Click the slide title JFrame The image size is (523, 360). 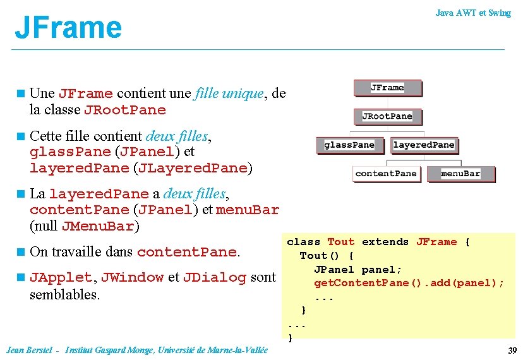pos(68,27)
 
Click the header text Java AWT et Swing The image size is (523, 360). pos(473,13)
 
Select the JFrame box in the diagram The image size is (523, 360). pos(387,88)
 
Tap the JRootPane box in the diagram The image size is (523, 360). pos(387,116)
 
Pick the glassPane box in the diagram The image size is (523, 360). pos(349,145)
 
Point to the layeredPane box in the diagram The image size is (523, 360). pos(423,145)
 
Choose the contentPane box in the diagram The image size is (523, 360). pos(386,174)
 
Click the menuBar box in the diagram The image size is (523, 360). pos(460,174)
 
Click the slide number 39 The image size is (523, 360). pos(512,351)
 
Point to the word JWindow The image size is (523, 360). pos(133,277)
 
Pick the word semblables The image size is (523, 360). pos(65,294)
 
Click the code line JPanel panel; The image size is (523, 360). pos(358,269)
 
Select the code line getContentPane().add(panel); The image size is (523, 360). pos(409,283)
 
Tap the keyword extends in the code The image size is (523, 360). pos(385,242)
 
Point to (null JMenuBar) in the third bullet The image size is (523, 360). pos(84,226)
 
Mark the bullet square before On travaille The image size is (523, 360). pos(21,252)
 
